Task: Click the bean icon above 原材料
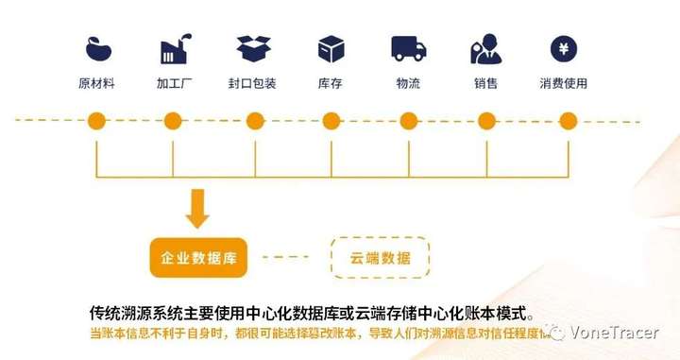coord(96,48)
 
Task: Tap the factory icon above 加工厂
coord(174,48)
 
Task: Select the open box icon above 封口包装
coord(253,48)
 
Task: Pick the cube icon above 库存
coord(331,48)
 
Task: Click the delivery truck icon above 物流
coord(408,48)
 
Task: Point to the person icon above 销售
coord(485,48)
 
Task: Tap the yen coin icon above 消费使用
coord(564,48)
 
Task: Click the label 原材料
coord(96,83)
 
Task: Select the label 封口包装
coord(252,83)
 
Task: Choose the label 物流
coord(408,83)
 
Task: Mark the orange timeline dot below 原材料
coord(96,121)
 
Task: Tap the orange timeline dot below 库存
coord(331,121)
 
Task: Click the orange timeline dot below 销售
coord(486,121)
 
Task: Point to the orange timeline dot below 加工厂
coord(173,121)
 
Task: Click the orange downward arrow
coord(197,209)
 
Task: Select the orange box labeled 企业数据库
coord(197,257)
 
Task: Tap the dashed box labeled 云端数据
coord(380,257)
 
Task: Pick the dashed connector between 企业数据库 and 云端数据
coord(285,257)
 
